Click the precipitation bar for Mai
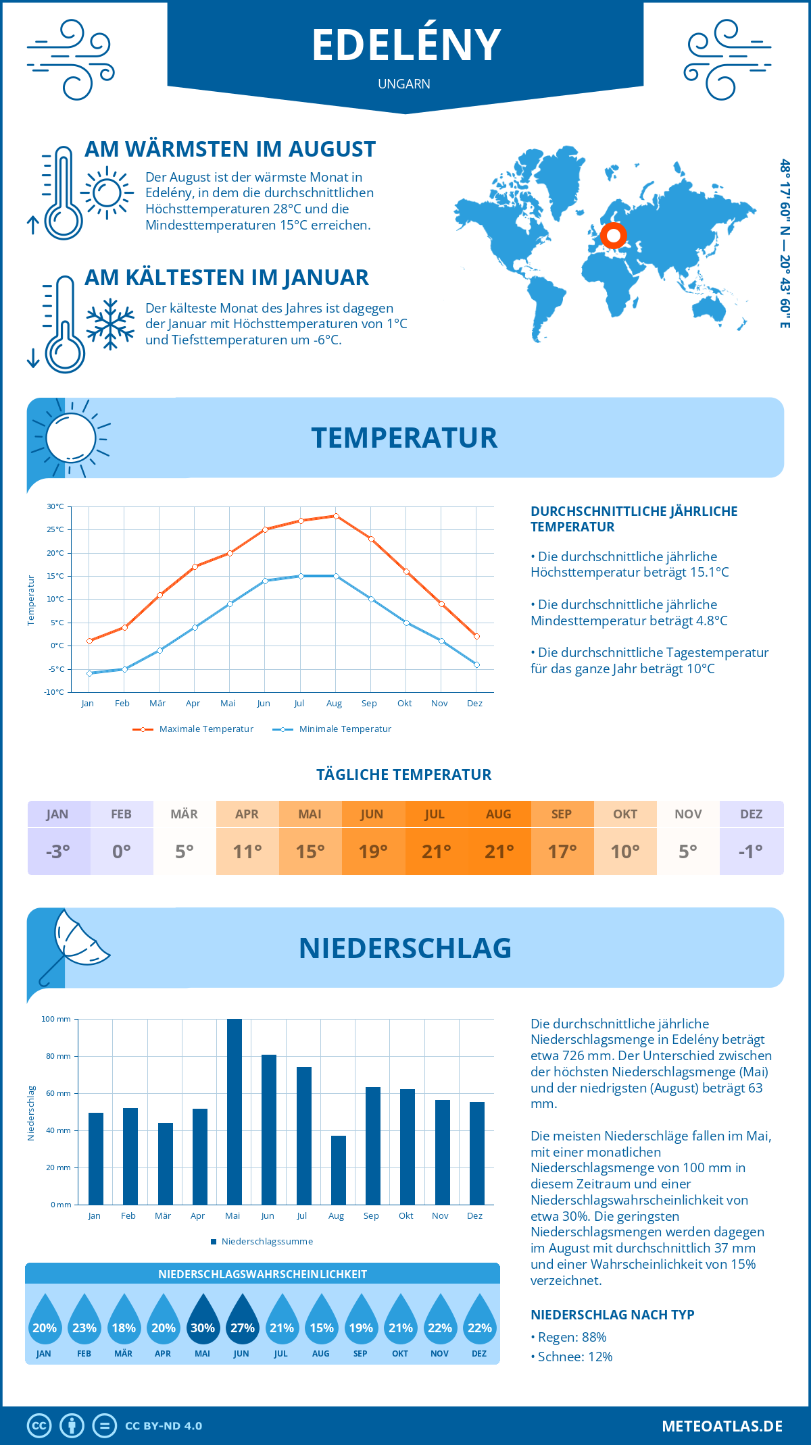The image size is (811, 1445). point(235,1111)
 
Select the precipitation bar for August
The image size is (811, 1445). point(339,1170)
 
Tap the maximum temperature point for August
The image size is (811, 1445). point(336,516)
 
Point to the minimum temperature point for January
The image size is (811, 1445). point(89,673)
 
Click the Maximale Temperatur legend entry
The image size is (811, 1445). point(193,729)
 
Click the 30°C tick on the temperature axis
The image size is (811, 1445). point(55,506)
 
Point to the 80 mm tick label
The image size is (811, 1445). point(58,1056)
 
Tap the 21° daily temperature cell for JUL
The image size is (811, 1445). point(436,851)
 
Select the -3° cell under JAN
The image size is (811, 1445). point(58,851)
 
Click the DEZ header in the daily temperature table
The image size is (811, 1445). point(751,814)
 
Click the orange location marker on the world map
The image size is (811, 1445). point(613,236)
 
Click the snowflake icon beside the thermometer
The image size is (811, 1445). point(110,324)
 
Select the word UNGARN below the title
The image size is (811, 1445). point(404,84)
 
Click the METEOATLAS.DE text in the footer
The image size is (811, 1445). point(722,1426)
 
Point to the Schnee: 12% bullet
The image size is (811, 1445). point(573,1357)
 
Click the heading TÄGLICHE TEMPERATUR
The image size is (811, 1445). point(404,774)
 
